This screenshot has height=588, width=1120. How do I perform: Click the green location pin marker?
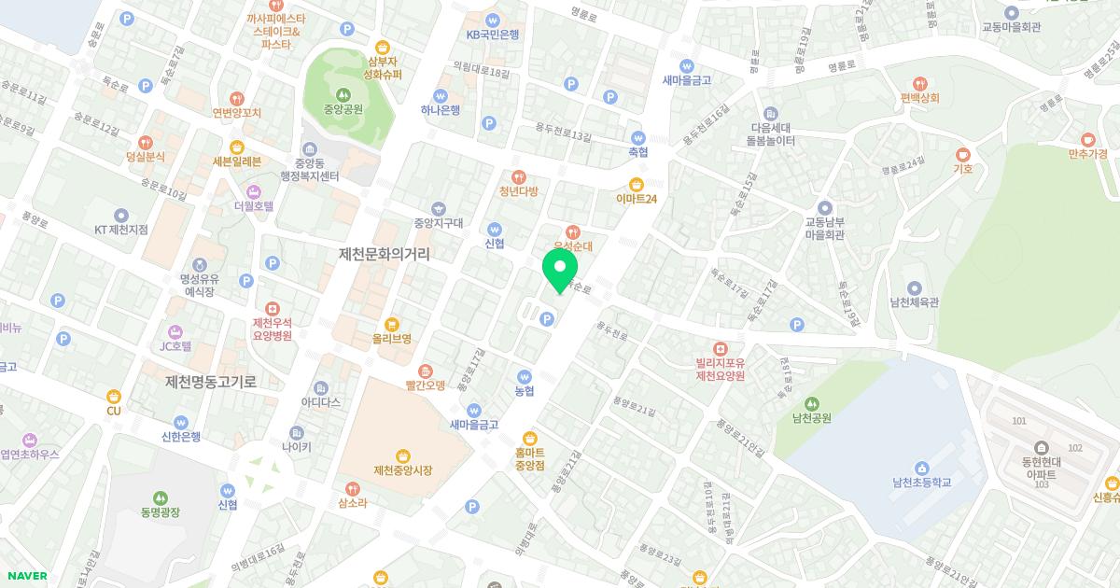pos(560,269)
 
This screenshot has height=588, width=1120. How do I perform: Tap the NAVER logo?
pos(24,576)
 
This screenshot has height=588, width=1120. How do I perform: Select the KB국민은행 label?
pos(493,35)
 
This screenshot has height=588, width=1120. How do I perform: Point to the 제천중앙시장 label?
pos(402,470)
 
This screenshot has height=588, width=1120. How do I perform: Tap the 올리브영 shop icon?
pos(391,323)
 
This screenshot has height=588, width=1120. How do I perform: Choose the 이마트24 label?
pos(637,199)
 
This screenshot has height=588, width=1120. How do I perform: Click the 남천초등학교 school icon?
pos(921,467)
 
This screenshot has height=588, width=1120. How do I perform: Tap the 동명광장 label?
pos(160,511)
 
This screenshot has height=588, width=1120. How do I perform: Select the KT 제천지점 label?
pos(120,230)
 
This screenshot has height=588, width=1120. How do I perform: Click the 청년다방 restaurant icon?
pos(519,176)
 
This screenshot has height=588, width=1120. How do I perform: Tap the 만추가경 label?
pos(1087,153)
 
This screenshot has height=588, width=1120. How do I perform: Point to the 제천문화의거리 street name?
pos(391,253)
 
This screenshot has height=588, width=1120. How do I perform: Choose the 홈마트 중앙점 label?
pos(529,458)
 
